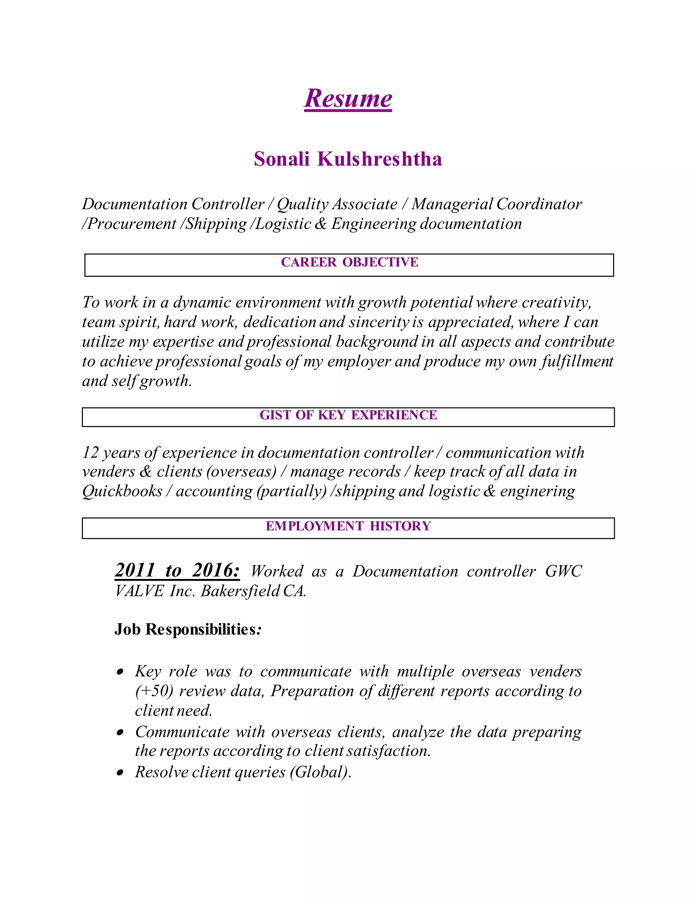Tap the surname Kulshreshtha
click(379, 159)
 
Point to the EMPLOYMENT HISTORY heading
click(348, 526)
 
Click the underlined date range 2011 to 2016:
click(177, 571)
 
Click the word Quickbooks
click(122, 491)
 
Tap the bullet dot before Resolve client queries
click(120, 772)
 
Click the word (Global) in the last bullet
click(319, 772)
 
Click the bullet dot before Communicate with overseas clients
click(120, 733)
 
